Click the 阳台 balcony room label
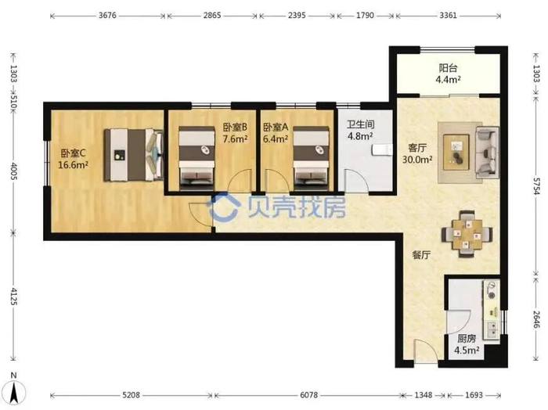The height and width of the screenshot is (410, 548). click(x=448, y=68)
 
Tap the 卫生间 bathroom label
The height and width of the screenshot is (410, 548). click(x=360, y=124)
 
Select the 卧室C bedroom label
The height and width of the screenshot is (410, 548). click(x=73, y=153)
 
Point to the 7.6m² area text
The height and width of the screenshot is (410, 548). click(x=235, y=138)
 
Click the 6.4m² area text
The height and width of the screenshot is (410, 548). click(x=276, y=138)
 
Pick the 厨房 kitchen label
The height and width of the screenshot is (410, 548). click(x=467, y=339)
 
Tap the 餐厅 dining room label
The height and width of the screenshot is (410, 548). click(x=421, y=255)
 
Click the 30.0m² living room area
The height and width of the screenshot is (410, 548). click(x=417, y=160)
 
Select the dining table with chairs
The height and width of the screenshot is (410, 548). click(x=467, y=234)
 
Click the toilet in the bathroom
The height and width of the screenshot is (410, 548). click(x=381, y=149)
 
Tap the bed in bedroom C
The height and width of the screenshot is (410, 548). click(x=134, y=155)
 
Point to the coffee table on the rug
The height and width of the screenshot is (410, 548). click(x=456, y=153)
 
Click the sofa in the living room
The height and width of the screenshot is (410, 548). click(x=487, y=153)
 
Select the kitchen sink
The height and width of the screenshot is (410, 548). click(x=492, y=329)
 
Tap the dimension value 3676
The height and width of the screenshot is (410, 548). click(x=107, y=16)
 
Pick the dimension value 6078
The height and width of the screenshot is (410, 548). click(x=309, y=394)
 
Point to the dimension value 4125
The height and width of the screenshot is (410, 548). click(x=13, y=296)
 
